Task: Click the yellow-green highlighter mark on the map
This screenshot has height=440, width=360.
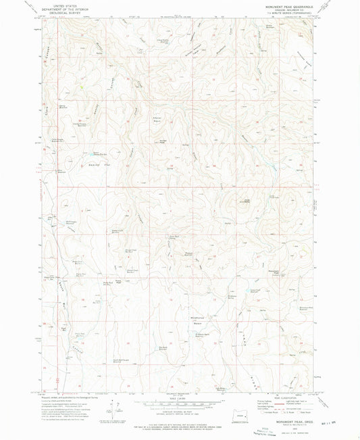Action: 82,87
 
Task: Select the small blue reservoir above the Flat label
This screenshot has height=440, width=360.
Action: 96,153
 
